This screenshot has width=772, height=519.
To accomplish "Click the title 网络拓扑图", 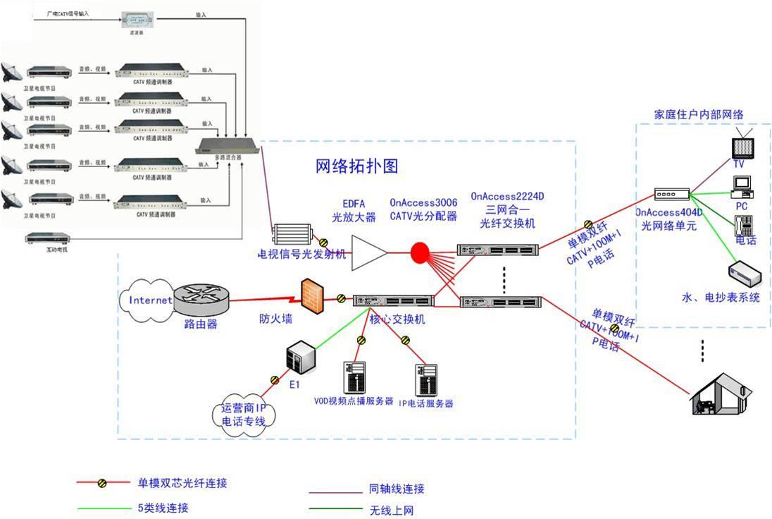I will (357, 166).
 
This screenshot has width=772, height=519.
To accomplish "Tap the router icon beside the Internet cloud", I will (201, 300).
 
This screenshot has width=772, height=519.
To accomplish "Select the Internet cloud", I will (149, 300).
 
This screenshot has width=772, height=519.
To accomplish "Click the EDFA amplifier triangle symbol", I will (371, 251).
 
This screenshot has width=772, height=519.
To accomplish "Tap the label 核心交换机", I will (397, 319).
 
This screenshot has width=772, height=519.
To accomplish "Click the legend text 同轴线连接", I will (397, 488).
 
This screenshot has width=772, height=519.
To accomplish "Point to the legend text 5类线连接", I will (163, 508).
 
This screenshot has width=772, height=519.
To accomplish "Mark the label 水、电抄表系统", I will (721, 297).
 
